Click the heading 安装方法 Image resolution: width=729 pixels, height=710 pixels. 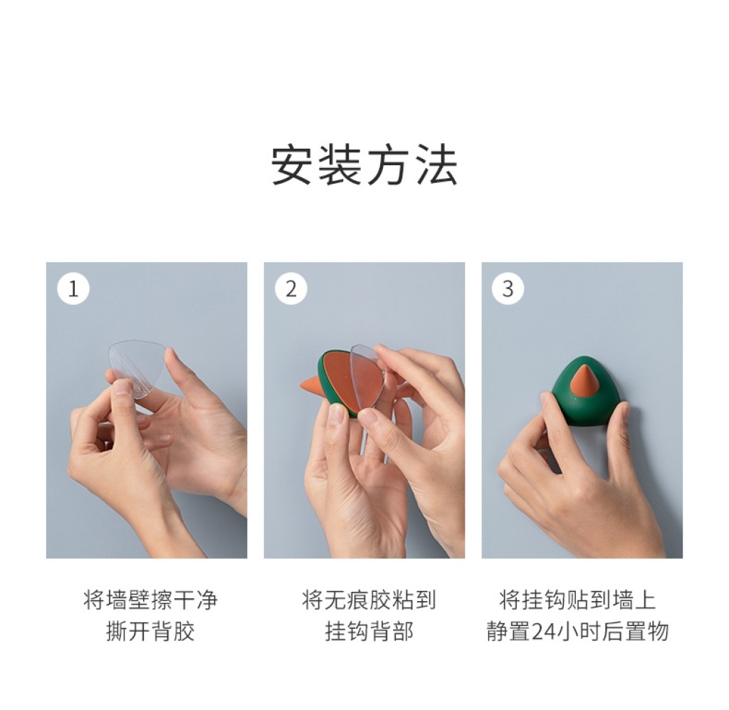(364, 165)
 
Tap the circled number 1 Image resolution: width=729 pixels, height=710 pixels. (73, 288)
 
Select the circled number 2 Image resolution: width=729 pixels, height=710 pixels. (291, 288)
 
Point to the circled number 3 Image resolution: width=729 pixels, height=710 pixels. (508, 288)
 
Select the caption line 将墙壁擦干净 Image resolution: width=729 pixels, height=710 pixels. (150, 600)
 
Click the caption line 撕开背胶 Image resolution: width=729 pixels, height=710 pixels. (150, 631)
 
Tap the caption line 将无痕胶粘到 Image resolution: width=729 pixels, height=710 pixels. (369, 600)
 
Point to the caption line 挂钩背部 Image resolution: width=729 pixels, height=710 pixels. (369, 631)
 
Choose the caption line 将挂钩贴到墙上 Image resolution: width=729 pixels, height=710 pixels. (577, 600)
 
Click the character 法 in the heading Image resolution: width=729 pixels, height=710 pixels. (437, 165)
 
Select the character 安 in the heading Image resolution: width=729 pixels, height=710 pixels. (291, 165)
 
